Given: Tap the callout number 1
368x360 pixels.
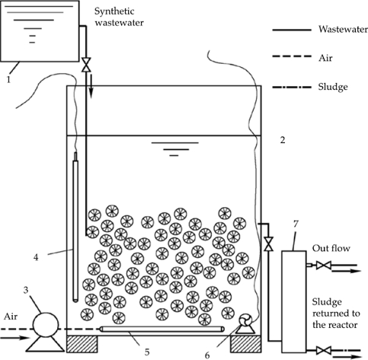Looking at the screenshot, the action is click(x=8, y=80).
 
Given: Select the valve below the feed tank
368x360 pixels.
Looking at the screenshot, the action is click(x=86, y=65).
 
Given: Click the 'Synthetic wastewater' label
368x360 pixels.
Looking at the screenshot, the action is click(x=119, y=17).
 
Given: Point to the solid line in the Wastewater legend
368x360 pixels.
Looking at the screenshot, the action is click(x=292, y=30).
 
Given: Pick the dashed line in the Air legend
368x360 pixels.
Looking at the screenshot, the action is click(x=292, y=56).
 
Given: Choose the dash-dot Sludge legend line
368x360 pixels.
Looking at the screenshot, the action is click(x=292, y=88).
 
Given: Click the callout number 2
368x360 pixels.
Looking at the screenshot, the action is click(x=283, y=140).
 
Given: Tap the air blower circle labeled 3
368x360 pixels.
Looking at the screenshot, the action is click(x=46, y=325).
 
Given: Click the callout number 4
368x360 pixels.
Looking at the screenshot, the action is click(x=36, y=257).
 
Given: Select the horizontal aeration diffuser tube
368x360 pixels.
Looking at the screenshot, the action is click(x=162, y=329).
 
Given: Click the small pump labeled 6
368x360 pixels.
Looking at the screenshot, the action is click(x=245, y=323).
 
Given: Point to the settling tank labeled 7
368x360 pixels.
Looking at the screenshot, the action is click(x=293, y=301).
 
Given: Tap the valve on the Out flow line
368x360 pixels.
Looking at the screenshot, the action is click(x=323, y=266).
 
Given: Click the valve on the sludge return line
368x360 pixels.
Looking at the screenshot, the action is click(x=323, y=351).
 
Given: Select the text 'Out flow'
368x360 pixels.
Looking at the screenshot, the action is click(x=331, y=248).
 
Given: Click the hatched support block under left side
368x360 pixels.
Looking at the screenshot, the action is click(x=82, y=344).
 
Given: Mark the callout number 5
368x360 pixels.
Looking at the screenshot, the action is click(x=147, y=352).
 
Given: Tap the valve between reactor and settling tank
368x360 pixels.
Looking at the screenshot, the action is click(x=268, y=244).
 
